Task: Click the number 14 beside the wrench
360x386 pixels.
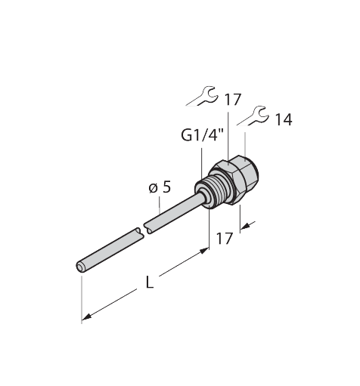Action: pyautogui.click(x=284, y=120)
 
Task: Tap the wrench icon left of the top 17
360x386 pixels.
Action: pyautogui.click(x=202, y=95)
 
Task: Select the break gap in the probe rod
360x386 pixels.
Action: pyautogui.click(x=141, y=231)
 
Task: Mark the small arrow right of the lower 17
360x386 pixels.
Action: pyautogui.click(x=249, y=224)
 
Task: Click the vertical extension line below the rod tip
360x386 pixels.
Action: pyautogui.click(x=80, y=298)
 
